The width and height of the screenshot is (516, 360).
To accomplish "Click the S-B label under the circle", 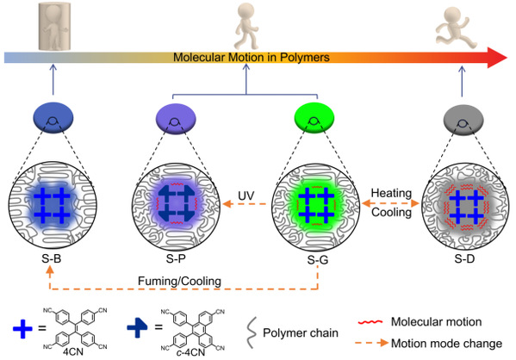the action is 52,258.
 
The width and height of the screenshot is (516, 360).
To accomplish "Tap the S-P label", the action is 176,258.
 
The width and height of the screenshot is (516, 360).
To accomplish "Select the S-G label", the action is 318,260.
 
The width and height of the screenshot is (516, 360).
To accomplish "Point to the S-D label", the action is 464,258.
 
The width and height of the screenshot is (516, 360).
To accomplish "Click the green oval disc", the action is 314,118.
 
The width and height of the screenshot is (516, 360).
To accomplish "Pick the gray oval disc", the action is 463,120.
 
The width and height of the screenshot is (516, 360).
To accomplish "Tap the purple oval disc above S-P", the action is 176,119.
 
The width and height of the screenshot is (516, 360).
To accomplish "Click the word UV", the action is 246,196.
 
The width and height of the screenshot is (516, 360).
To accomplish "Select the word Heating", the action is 391,193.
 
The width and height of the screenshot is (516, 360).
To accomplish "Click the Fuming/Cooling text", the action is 179,282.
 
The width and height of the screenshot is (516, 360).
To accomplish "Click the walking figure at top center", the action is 246,27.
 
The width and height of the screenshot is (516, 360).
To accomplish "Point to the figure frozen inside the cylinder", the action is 54,27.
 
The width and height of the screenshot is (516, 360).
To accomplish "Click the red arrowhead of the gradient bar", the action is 497,58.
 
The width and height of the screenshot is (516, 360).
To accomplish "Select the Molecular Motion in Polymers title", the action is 252,57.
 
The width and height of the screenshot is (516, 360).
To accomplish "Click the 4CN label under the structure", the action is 73,351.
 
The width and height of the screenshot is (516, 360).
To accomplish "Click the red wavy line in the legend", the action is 370,321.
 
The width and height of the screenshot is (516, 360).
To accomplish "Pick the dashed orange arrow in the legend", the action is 372,343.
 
